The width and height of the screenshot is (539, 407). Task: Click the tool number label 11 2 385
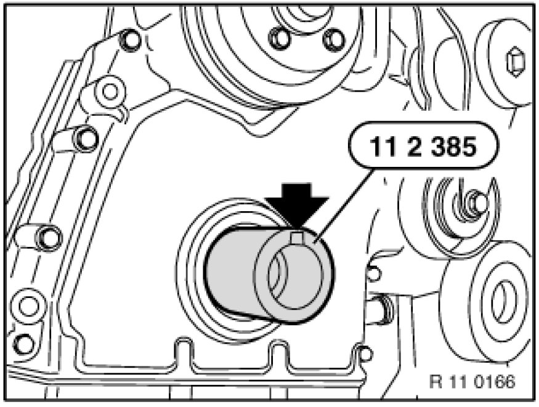point(423,147)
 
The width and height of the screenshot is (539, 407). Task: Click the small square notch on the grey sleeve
point(298,238)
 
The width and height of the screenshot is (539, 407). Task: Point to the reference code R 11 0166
point(472,381)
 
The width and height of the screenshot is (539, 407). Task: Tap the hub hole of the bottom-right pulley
point(499,299)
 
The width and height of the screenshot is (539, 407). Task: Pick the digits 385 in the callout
point(454,147)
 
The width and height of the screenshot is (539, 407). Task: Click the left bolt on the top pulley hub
point(279,37)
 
